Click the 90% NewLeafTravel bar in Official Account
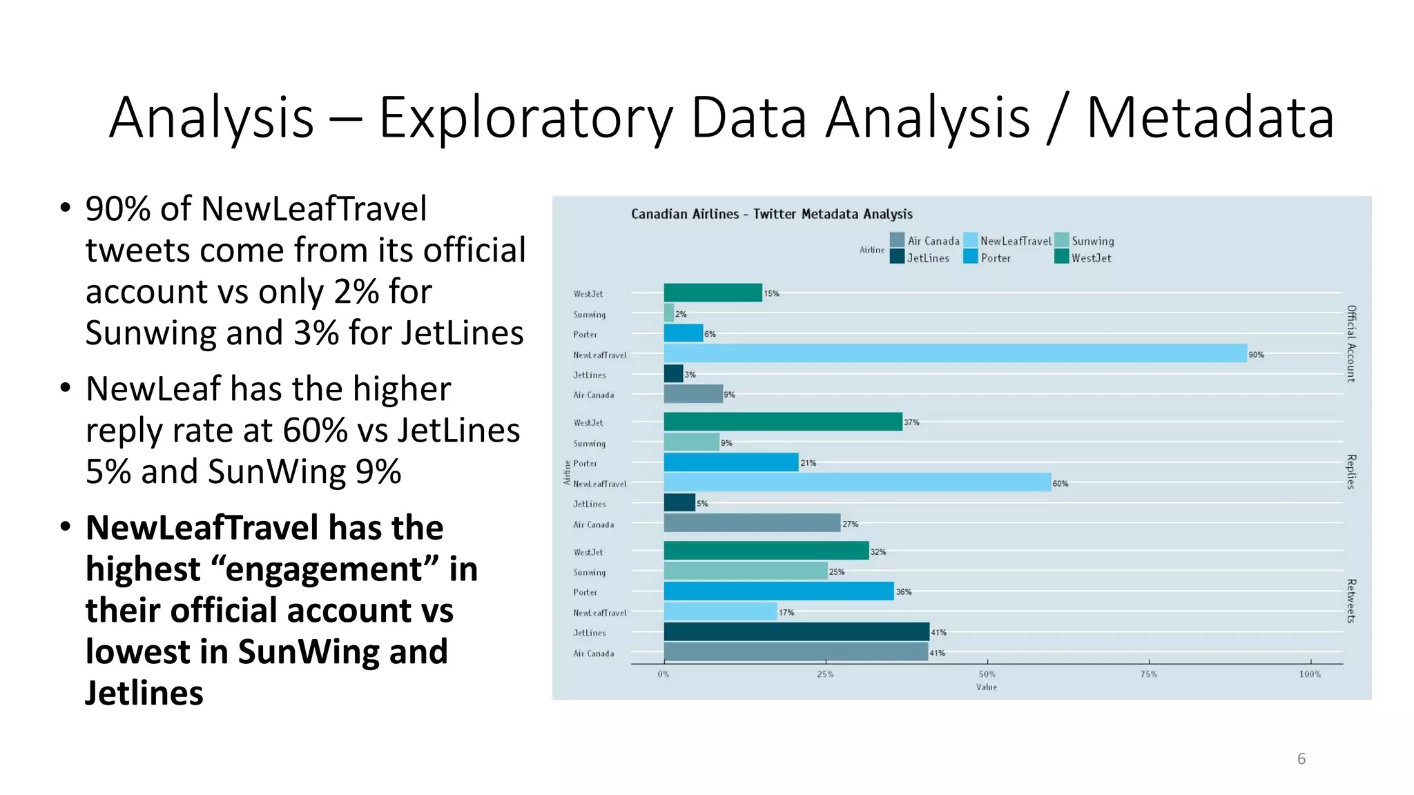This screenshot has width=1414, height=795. click(955, 353)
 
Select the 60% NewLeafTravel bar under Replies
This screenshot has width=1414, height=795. click(857, 482)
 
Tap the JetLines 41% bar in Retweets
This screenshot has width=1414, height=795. click(796, 631)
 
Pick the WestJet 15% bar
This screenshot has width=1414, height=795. click(713, 293)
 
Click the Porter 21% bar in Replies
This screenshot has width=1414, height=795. click(731, 462)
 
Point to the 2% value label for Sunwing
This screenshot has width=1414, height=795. click(681, 314)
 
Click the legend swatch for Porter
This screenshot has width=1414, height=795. click(970, 257)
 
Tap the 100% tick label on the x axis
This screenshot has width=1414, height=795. click(1309, 674)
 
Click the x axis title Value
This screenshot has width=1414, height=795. click(986, 687)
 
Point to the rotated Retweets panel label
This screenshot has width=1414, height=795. click(1351, 601)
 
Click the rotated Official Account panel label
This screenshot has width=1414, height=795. click(1351, 344)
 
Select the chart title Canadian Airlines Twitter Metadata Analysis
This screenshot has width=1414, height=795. click(771, 214)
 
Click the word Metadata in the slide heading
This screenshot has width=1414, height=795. click(1210, 117)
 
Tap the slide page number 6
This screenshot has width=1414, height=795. click(1301, 759)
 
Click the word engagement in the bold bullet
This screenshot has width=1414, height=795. click(324, 569)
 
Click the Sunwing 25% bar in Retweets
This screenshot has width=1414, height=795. click(745, 571)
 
